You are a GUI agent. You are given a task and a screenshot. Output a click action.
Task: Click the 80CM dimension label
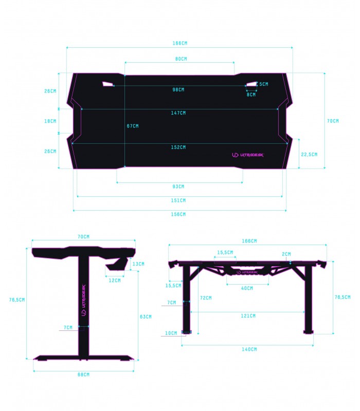tap(181, 59)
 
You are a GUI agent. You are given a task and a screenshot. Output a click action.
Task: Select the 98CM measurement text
tap(178, 90)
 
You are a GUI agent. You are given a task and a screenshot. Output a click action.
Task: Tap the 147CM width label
tap(179, 113)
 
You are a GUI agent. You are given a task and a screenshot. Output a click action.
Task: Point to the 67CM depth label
tap(132, 126)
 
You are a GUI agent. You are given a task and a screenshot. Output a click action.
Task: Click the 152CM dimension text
tap(179, 147)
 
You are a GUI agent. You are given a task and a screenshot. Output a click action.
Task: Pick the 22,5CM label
tap(310, 154)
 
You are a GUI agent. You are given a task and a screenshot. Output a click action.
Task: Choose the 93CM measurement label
tap(179, 186)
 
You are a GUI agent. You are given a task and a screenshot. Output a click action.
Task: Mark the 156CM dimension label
tap(179, 214)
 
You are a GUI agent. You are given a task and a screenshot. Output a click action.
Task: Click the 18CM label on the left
tap(50, 122)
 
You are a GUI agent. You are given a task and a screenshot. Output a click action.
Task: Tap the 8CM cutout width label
tap(251, 95)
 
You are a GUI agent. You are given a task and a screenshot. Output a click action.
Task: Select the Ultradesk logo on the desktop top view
tap(247, 155)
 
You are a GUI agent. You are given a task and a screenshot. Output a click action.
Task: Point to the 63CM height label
tap(146, 316)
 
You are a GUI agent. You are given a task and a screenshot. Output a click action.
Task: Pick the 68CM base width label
tap(83, 375)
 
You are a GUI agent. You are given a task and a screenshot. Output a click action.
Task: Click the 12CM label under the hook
tap(115, 281)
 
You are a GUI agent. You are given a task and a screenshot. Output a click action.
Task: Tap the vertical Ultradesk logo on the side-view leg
tap(83, 300)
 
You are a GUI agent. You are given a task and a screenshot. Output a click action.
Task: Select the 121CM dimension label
tap(248, 315)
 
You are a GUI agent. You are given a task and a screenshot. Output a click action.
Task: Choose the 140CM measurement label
tap(249, 349)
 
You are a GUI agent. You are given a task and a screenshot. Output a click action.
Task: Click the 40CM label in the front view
tap(247, 288)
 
